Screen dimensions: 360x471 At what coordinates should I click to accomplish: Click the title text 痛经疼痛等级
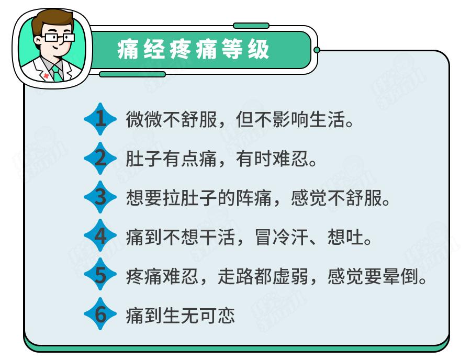194,50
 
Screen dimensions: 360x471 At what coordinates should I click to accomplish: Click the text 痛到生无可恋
181,316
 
